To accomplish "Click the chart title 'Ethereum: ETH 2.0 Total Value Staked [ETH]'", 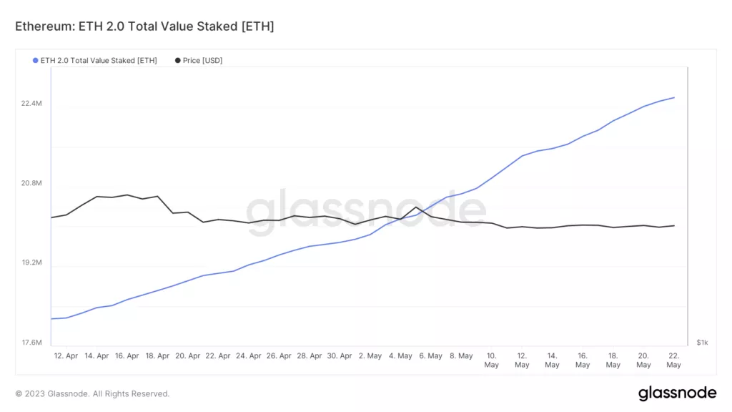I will pyautogui.click(x=144, y=26).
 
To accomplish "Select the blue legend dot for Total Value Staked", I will pyautogui.click(x=36, y=60).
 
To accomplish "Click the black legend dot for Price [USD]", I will pyautogui.click(x=177, y=60).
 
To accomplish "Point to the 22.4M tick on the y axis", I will pyautogui.click(x=31, y=104).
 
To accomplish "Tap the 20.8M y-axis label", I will pyautogui.click(x=31, y=183).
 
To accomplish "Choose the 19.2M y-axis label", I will pyautogui.click(x=31, y=263).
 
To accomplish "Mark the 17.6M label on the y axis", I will pyautogui.click(x=31, y=343).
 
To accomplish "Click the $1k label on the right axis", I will pyautogui.click(x=702, y=343).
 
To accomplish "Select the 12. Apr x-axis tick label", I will pyautogui.click(x=66, y=355).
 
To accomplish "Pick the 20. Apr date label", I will pyautogui.click(x=188, y=355).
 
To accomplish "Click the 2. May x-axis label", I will pyautogui.click(x=370, y=355).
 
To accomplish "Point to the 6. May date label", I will pyautogui.click(x=430, y=355).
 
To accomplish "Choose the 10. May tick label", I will pyautogui.click(x=491, y=360).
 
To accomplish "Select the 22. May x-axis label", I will pyautogui.click(x=673, y=360).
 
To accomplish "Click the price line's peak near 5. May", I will pyautogui.click(x=416, y=207).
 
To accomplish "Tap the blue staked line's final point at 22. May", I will pyautogui.click(x=674, y=97).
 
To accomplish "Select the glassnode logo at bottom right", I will pyautogui.click(x=676, y=393).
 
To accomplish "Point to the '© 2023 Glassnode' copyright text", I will pyautogui.click(x=92, y=393).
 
